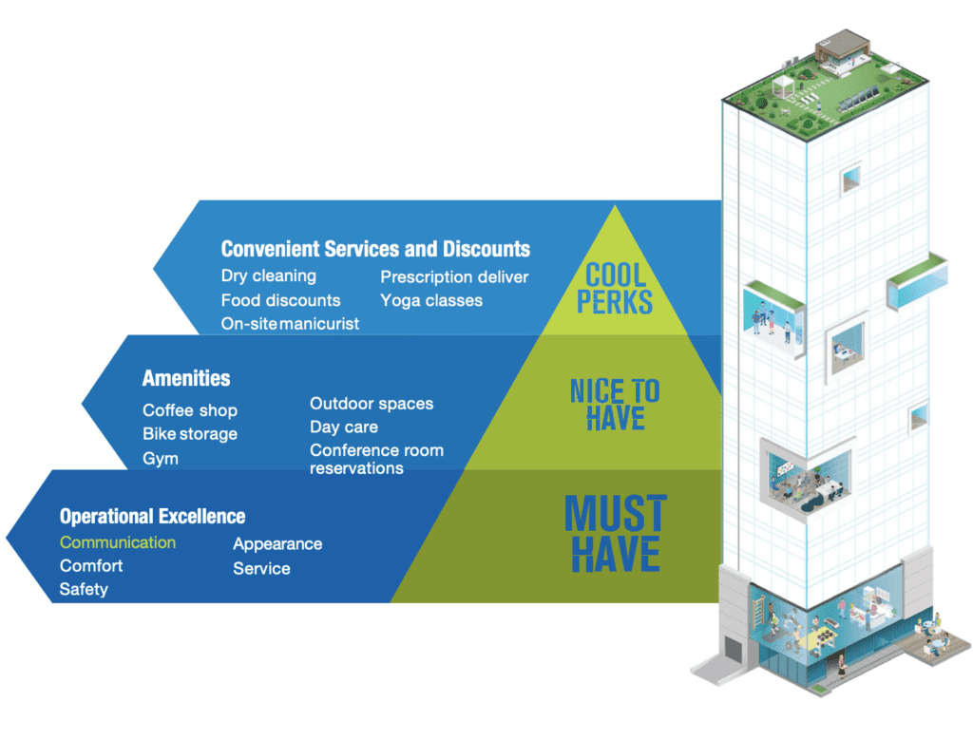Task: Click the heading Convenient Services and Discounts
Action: (375, 249)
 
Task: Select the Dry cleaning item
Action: (269, 276)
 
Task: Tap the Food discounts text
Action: (280, 300)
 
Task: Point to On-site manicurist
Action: (290, 324)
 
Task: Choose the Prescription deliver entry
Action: (454, 276)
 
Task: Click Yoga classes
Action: (431, 301)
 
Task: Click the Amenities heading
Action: (186, 378)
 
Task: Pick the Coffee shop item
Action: (190, 410)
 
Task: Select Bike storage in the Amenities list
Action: (190, 434)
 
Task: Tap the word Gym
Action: (160, 459)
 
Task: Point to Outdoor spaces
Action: (372, 404)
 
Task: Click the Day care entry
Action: (344, 427)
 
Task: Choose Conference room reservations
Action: (376, 459)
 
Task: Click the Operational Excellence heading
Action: (152, 516)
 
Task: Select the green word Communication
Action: (117, 542)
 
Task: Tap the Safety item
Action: (84, 589)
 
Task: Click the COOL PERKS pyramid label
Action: (615, 289)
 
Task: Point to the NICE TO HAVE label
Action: (615, 405)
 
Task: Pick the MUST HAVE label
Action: (616, 534)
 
